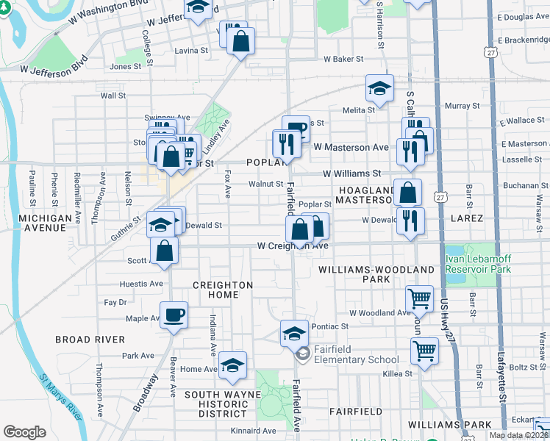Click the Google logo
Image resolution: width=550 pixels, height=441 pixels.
pos(24,432)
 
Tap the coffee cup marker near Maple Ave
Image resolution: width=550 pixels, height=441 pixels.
pos(174,316)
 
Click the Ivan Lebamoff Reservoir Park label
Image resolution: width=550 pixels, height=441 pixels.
pos(476,265)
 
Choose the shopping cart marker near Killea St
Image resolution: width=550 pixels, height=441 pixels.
pos(424,350)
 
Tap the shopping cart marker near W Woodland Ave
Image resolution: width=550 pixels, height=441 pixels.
pos(419,298)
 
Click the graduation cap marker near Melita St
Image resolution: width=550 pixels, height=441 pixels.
pos(379,89)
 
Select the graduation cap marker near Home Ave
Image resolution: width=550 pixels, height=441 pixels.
pos(232,365)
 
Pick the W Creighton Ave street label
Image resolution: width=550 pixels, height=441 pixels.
pos(293,246)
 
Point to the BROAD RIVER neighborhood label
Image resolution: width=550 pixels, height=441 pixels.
pos(90,340)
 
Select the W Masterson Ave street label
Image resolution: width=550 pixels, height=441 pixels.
pos(351,148)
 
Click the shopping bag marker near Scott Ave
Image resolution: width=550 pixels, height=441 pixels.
pos(165,251)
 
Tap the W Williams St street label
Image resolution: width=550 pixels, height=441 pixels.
pos(352,174)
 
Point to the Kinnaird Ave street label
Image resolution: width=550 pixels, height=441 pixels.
pos(252,430)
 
